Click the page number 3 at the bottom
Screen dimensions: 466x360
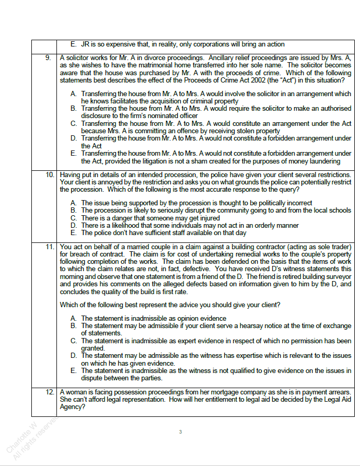tap(180, 432)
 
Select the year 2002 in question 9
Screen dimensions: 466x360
tap(260, 80)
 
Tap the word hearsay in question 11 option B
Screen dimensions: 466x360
tap(253, 325)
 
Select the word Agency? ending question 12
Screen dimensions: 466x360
tap(72, 406)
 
